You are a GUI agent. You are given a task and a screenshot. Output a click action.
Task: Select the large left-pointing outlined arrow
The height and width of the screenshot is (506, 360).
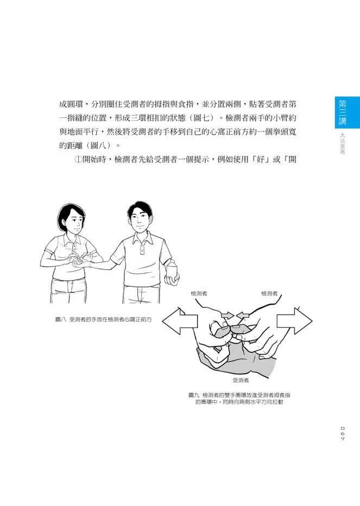coord(180,321)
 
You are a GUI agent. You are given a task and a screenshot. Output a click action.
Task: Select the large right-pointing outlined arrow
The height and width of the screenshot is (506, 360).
coord(294,321)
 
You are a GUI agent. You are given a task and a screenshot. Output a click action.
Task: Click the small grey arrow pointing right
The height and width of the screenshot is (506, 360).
coord(228,315)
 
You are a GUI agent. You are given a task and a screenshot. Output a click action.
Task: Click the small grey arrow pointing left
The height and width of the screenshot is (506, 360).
coord(243,315)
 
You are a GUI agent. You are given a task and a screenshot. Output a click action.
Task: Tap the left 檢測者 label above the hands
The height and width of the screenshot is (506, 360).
coord(199,294)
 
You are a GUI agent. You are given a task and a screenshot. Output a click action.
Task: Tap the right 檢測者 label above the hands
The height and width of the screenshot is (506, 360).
coord(269,294)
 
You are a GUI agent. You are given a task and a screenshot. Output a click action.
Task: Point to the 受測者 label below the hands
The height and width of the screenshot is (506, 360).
coord(241,381)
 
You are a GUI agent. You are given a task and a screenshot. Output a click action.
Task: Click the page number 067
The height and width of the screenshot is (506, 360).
coord(343,434)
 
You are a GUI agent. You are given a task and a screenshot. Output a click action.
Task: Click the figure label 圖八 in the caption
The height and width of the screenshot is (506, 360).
coord(60,320)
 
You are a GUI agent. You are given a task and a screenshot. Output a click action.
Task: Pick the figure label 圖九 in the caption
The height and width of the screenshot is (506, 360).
coord(194,395)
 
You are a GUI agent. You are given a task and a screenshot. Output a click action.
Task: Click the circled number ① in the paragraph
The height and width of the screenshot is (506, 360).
coord(79,160)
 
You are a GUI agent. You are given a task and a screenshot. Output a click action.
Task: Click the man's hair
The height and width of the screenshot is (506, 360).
coord(140,210)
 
